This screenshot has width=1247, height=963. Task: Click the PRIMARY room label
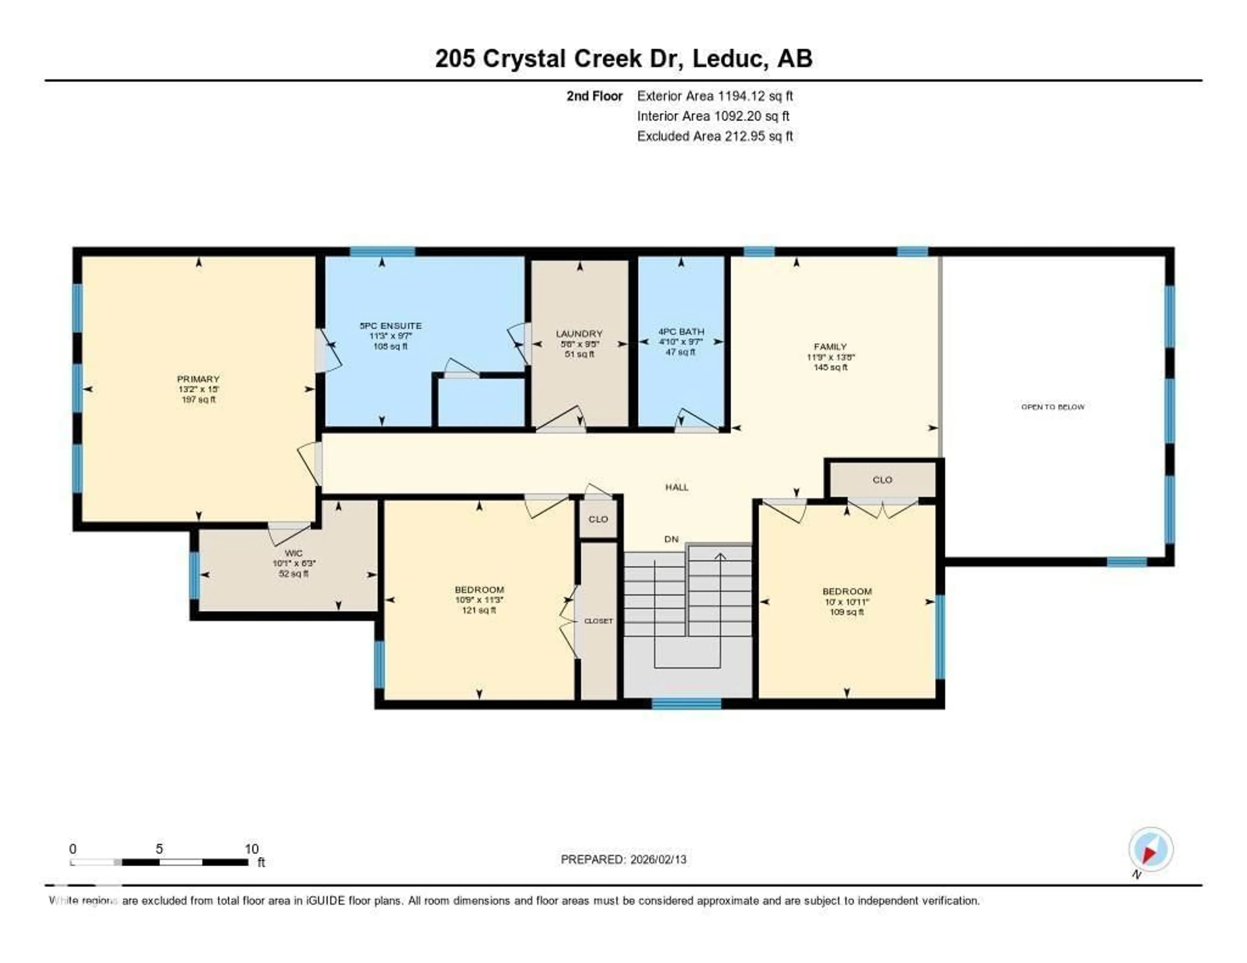click(198, 379)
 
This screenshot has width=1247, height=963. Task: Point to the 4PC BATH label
click(681, 331)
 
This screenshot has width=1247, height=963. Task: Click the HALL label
click(677, 487)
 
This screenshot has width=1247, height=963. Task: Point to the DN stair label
click(672, 539)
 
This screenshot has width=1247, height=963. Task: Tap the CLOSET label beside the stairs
click(598, 620)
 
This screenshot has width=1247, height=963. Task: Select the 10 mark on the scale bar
click(251, 849)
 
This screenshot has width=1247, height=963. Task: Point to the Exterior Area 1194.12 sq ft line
click(714, 96)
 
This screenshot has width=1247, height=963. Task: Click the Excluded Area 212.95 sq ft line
click(714, 136)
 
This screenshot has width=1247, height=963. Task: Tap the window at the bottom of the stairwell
click(686, 704)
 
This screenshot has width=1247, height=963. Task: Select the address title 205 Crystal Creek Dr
click(623, 58)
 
